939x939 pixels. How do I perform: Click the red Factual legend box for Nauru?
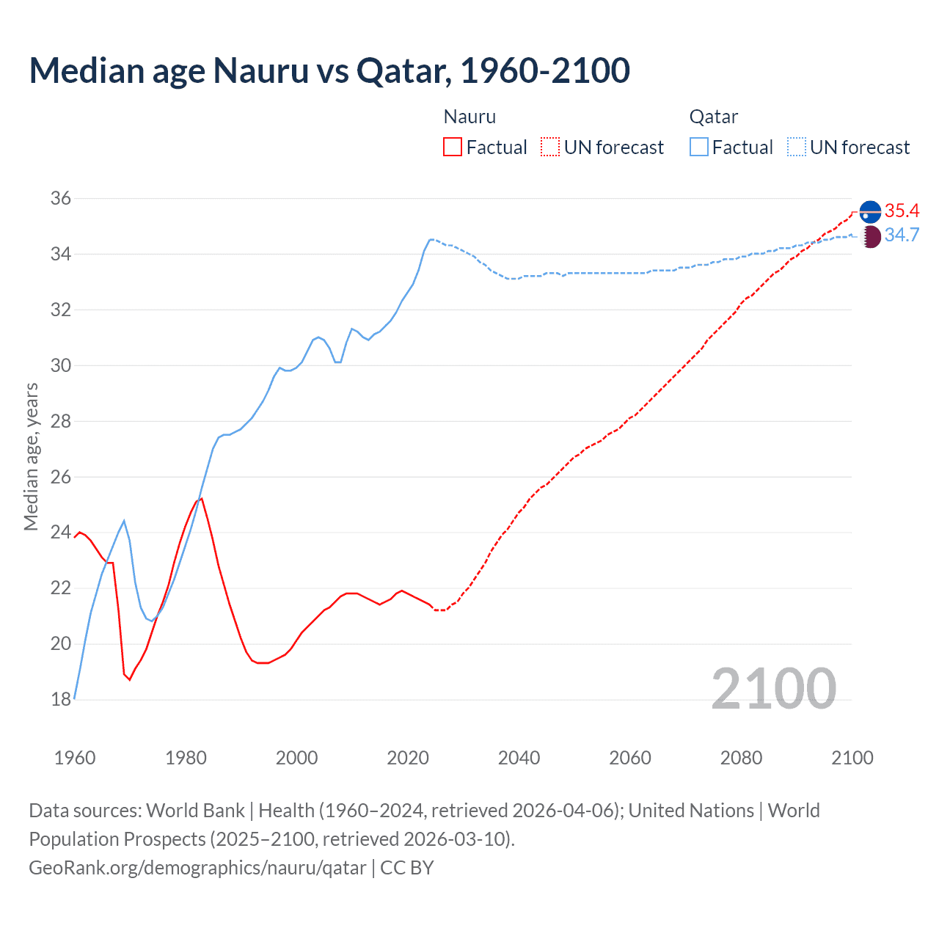tap(453, 147)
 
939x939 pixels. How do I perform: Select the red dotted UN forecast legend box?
tap(550, 147)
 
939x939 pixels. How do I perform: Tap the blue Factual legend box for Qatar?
tap(699, 147)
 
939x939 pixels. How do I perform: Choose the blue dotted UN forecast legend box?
tap(797, 147)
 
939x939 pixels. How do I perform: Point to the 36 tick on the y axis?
tap(61, 198)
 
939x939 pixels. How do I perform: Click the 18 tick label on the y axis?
tap(61, 699)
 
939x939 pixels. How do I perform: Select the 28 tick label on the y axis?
tap(61, 421)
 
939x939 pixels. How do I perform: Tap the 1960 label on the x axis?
tap(75, 758)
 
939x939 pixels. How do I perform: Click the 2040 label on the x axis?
tap(519, 758)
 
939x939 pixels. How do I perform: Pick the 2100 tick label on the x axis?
tap(852, 758)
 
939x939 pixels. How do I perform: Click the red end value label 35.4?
tap(902, 211)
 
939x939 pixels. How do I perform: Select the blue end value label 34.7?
tap(902, 235)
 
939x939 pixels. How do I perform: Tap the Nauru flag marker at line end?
tap(870, 211)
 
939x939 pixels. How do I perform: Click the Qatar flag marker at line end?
tap(870, 237)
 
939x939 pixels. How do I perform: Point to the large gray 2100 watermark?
tap(774, 688)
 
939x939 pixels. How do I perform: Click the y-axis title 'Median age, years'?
tap(31, 456)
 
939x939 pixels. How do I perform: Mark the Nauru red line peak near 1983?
tap(201, 498)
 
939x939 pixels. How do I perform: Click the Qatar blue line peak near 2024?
tap(431, 239)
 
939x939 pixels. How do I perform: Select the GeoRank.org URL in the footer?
tap(197, 868)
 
